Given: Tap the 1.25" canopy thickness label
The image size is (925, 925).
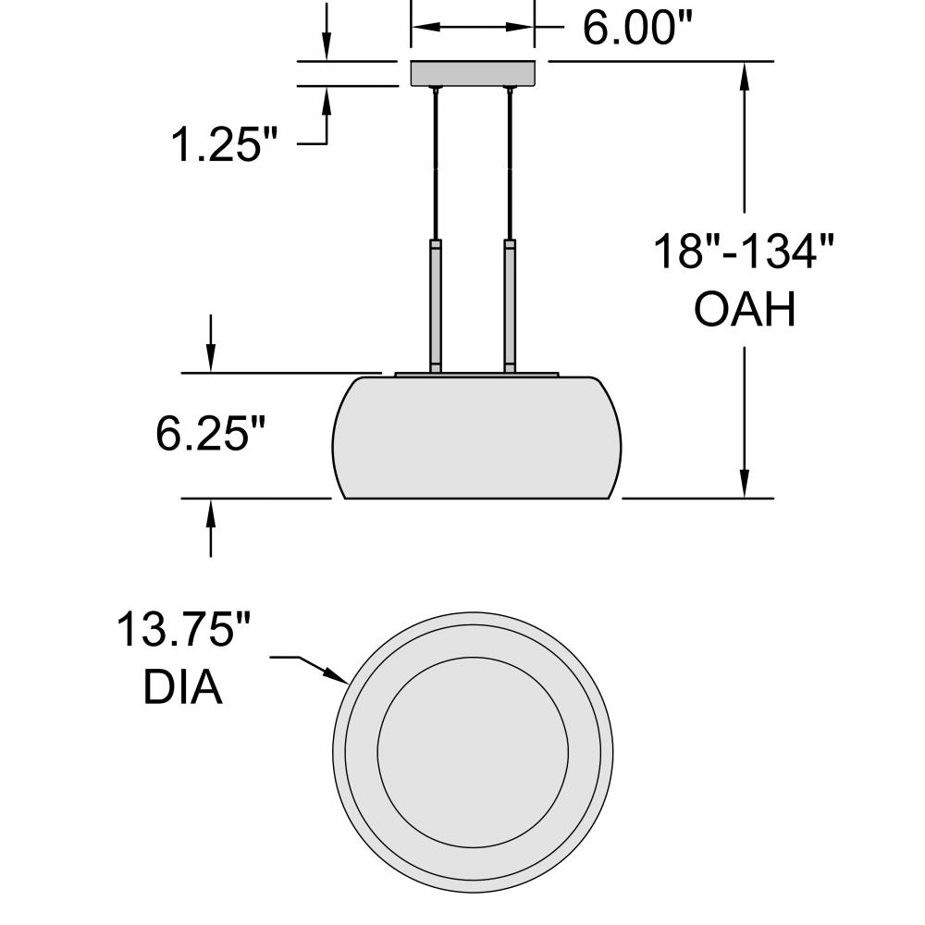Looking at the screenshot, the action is (224, 144).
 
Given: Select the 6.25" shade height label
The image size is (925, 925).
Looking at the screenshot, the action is (211, 434).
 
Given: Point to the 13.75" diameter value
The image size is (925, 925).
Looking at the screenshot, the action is (183, 629).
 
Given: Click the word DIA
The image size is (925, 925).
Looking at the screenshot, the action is (183, 687).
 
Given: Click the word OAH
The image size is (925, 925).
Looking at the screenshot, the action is (745, 309).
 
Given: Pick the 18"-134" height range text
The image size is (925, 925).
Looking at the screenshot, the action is (744, 252).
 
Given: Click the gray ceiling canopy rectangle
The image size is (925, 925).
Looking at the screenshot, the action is (473, 73).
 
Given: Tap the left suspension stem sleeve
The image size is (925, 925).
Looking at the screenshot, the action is (436, 305).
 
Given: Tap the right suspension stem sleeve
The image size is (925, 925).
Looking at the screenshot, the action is (510, 305).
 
